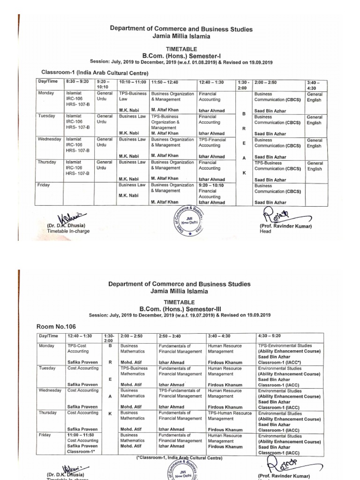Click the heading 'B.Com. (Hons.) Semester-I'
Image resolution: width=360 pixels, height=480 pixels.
coord(180,55)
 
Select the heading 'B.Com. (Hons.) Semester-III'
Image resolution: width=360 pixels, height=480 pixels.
coord(180,310)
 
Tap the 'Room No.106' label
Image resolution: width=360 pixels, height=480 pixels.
coord(56,326)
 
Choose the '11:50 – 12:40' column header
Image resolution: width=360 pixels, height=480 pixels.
coord(165,82)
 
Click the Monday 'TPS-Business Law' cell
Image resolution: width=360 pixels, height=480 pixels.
coord(133,102)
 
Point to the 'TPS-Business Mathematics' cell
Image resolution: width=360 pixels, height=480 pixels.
coord(134,377)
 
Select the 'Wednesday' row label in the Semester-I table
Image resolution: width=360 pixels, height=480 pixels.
coord(49,140)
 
